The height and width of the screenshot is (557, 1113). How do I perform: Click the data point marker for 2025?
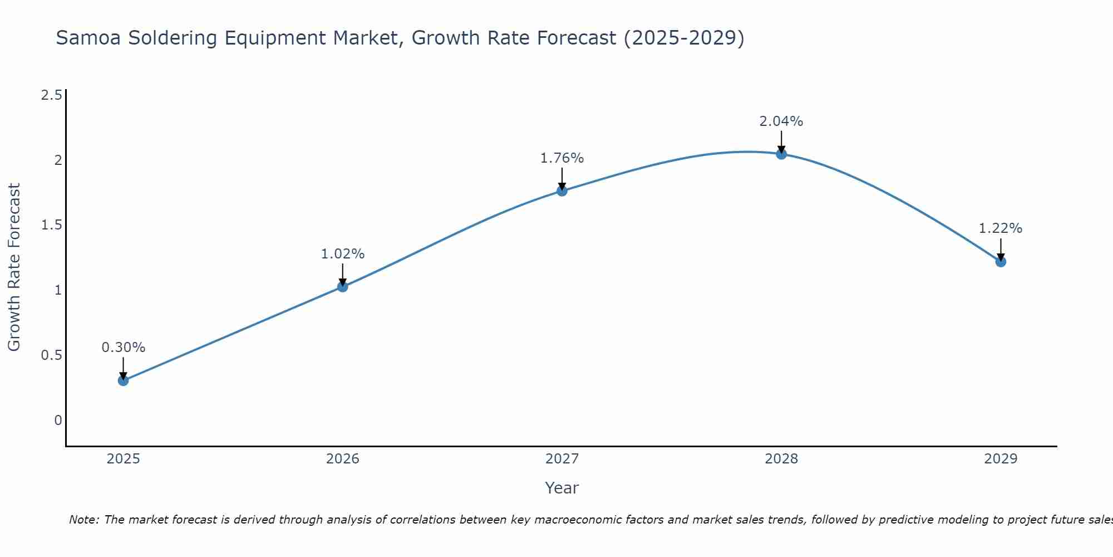click(x=124, y=381)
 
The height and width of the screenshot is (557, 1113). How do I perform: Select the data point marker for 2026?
click(x=343, y=287)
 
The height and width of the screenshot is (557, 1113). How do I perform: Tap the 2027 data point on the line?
click(x=562, y=191)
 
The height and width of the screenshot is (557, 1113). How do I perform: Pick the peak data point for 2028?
click(x=781, y=154)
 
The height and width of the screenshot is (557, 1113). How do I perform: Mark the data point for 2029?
click(x=1001, y=261)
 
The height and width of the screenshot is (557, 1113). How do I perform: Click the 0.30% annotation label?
click(x=124, y=348)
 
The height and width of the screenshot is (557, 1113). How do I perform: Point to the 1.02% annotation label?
click(x=343, y=254)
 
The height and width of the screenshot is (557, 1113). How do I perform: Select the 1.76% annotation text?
click(x=562, y=158)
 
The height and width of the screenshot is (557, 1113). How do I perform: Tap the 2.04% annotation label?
click(x=781, y=121)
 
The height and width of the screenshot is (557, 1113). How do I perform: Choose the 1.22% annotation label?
click(x=1001, y=228)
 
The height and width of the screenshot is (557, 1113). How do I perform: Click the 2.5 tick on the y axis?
click(x=52, y=95)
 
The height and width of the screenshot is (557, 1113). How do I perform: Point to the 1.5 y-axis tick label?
click(x=52, y=225)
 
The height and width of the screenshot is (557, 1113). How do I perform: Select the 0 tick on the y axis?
click(x=58, y=421)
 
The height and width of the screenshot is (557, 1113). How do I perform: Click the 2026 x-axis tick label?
click(x=343, y=459)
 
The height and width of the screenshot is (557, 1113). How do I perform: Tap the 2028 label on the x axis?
click(x=781, y=459)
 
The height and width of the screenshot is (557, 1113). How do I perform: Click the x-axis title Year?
click(x=562, y=488)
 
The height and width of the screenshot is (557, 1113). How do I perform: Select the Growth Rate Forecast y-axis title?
click(x=14, y=267)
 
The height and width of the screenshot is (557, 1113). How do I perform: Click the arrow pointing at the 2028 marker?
click(x=781, y=141)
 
